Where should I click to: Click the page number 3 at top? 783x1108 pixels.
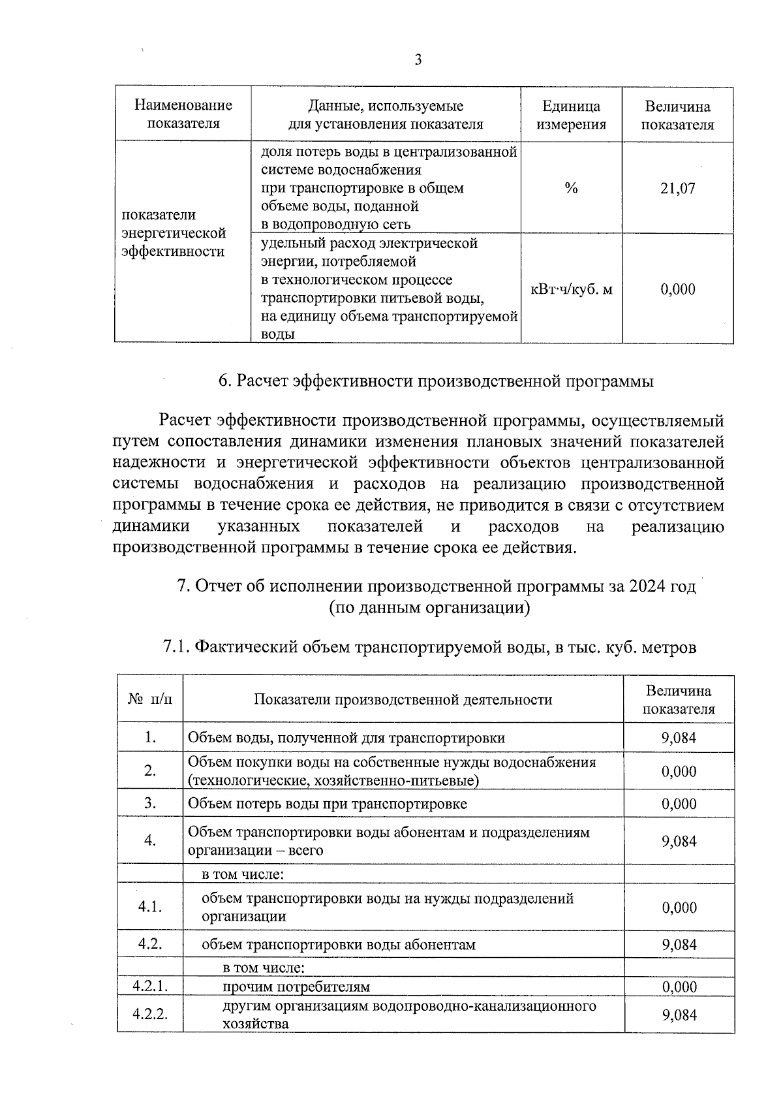pyautogui.click(x=418, y=61)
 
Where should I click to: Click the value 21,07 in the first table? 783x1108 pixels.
pyautogui.click(x=678, y=189)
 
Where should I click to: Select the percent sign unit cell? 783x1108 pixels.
pyautogui.click(x=571, y=189)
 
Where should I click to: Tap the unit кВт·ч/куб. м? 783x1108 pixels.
pyautogui.click(x=572, y=289)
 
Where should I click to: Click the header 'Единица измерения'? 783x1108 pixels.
pyautogui.click(x=571, y=115)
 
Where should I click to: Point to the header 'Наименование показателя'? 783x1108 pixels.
pyautogui.click(x=183, y=114)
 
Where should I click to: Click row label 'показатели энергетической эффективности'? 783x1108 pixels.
pyautogui.click(x=174, y=233)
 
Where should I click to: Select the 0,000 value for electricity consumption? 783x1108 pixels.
pyautogui.click(x=678, y=289)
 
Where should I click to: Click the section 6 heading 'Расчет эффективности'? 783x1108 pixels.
pyautogui.click(x=435, y=381)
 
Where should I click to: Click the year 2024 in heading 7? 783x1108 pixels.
pyautogui.click(x=649, y=586)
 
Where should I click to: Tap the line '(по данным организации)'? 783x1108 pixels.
pyautogui.click(x=429, y=608)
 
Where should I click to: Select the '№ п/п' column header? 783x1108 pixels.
pyautogui.click(x=151, y=699)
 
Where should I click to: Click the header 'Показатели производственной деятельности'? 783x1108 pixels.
pyautogui.click(x=403, y=700)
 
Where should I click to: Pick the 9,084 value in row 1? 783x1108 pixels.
pyautogui.click(x=679, y=738)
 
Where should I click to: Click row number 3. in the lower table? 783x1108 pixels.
pyautogui.click(x=151, y=803)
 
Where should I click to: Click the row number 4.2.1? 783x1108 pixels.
pyautogui.click(x=151, y=986)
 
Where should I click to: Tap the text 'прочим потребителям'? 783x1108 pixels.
pyautogui.click(x=296, y=987)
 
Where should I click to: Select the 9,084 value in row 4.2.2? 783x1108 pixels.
pyautogui.click(x=679, y=1015)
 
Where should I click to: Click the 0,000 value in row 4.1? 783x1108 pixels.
pyautogui.click(x=679, y=908)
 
